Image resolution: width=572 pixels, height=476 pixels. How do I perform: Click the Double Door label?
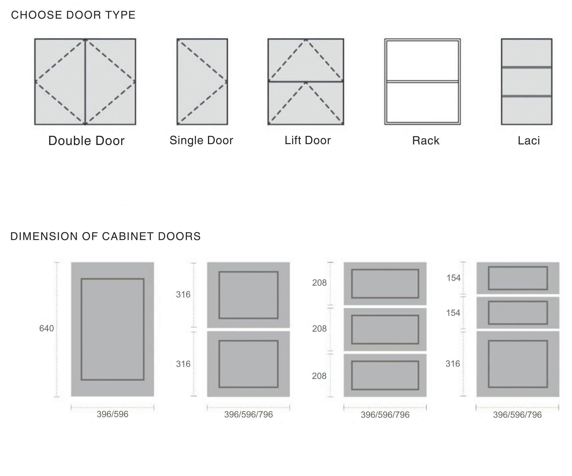tap(86, 141)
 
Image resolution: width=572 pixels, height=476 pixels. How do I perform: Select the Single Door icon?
tap(202, 82)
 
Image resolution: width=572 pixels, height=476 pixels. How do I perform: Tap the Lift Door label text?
tap(307, 140)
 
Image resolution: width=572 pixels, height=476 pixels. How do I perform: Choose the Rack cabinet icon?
tap(422, 82)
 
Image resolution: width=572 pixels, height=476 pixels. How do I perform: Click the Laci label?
tap(529, 141)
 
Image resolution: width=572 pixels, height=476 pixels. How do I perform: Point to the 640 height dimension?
tap(47, 328)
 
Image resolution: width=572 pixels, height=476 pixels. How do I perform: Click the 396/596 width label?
tap(112, 414)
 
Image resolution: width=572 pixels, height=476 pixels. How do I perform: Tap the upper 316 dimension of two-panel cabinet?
tap(183, 294)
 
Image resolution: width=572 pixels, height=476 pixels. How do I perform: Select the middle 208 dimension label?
tap(319, 328)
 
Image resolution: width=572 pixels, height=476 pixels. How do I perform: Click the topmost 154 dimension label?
tap(453, 278)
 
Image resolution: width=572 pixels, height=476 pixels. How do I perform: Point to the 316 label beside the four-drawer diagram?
tap(453, 364)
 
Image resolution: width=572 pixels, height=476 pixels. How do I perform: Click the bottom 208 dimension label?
tap(319, 376)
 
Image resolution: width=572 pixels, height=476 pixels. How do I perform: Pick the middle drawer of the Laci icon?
tap(526, 82)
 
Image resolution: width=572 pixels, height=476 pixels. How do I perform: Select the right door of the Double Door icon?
tap(111, 82)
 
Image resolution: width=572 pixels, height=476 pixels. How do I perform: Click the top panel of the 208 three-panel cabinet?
tap(385, 283)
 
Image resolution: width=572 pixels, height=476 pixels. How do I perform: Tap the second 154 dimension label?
tap(453, 313)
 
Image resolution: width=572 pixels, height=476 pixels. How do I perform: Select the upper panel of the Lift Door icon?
tap(306, 60)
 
